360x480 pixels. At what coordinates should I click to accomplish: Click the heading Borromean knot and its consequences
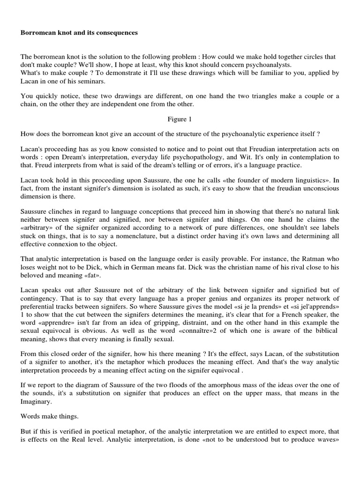coord(78,33)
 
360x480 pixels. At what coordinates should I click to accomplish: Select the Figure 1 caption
coord(180,119)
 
